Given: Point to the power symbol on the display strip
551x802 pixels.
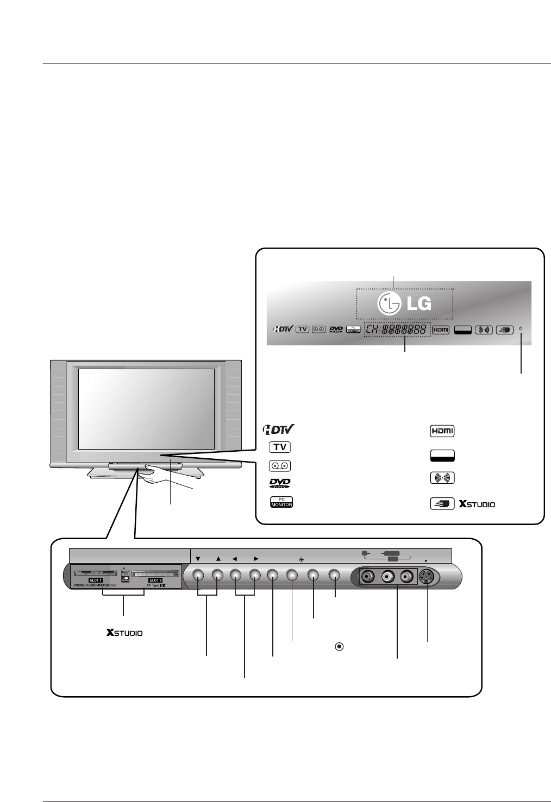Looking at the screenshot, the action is [521, 329].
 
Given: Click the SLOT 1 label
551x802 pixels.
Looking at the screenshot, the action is [99, 580].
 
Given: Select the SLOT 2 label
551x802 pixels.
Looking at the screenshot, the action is [156, 580].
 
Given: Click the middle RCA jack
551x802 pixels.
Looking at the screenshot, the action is [389, 576].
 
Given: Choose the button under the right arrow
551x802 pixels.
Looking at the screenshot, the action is [255, 576].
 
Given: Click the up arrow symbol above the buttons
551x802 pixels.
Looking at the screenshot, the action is [218, 558].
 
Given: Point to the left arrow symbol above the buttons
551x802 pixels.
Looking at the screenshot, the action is [235, 558].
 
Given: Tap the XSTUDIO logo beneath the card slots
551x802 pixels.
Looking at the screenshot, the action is [125, 633].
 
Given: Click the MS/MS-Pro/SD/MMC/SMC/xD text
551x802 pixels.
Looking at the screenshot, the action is [95, 585].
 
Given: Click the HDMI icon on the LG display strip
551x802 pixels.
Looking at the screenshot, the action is [441, 330].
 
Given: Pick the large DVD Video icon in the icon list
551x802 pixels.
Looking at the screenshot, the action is [280, 483].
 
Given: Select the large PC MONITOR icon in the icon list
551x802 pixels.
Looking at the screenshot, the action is [281, 502].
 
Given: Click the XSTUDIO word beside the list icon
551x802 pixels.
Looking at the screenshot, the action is [477, 504].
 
